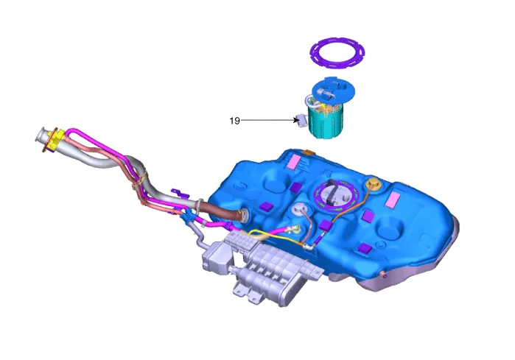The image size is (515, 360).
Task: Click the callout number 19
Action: pos(234,121)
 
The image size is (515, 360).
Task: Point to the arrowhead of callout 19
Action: pos(297,121)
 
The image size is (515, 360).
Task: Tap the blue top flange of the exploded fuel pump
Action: pos(333,88)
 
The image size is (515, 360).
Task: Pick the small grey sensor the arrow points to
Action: pos(302,120)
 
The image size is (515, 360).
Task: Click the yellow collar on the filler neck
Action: pos(54,140)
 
